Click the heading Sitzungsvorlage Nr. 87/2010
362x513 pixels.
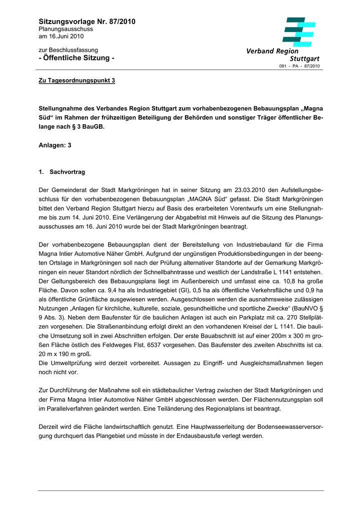coord(87,22)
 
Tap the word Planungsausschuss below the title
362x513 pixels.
coord(66,30)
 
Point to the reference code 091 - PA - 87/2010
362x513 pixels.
coord(299,66)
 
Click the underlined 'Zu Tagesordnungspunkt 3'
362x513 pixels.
coord(77,81)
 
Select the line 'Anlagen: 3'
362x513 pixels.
coord(55,145)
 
